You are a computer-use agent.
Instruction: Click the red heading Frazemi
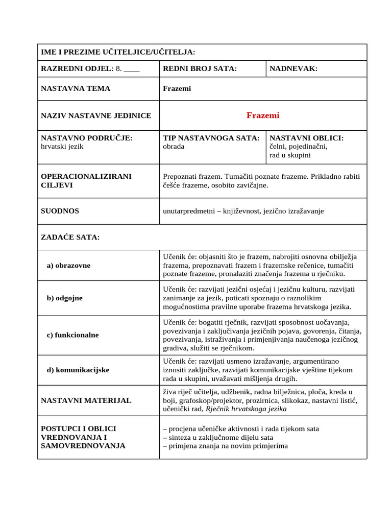pyautogui.click(x=263, y=115)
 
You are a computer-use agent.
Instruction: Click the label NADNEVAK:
pyautogui.click(x=293, y=69)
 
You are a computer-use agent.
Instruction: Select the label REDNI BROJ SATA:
pyautogui.click(x=200, y=69)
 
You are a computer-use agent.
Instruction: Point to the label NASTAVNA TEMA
pyautogui.click(x=76, y=88)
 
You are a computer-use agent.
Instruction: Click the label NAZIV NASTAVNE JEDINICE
pyautogui.click(x=96, y=115)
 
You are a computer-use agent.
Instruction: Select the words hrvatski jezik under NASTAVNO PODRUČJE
pyautogui.click(x=62, y=146)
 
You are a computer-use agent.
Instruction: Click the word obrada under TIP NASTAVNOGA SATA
pyautogui.click(x=174, y=146)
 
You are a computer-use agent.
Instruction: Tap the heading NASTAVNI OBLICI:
pyautogui.click(x=306, y=138)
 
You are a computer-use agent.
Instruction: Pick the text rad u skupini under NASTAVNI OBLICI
pyautogui.click(x=290, y=155)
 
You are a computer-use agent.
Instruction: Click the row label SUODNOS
pyautogui.click(x=60, y=210)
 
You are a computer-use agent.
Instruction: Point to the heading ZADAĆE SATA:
pyautogui.click(x=70, y=237)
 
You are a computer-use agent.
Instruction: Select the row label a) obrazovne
pyautogui.click(x=69, y=266)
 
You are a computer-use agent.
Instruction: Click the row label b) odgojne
pyautogui.click(x=64, y=298)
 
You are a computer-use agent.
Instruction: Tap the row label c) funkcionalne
pyautogui.click(x=72, y=335)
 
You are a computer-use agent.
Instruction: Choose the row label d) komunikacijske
pyautogui.click(x=78, y=369)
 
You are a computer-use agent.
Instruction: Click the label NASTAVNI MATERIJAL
pyautogui.click(x=86, y=400)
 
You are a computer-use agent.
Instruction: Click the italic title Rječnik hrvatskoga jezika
pyautogui.click(x=244, y=409)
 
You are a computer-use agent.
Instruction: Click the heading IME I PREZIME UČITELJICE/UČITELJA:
pyautogui.click(x=118, y=52)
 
